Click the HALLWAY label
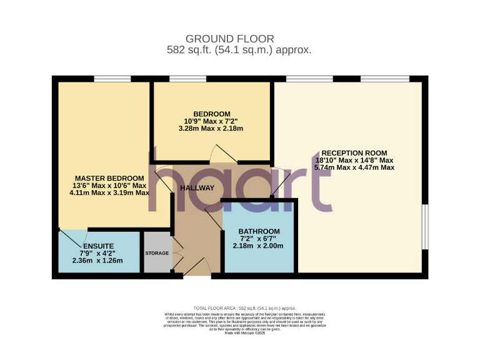click(197, 188)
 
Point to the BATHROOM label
click(259, 231)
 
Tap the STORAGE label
click(157, 253)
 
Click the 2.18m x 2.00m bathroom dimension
click(258, 246)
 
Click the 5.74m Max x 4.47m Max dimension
click(354, 167)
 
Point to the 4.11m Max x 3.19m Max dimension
click(110, 192)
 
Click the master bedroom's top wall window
click(112, 79)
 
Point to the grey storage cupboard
click(157, 252)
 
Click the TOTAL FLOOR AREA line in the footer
click(244, 308)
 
